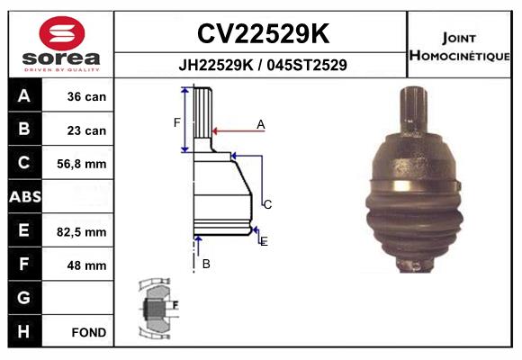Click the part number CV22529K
(x=262, y=34)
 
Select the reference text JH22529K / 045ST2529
(x=262, y=65)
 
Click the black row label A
(x=23, y=96)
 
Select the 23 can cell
(x=86, y=130)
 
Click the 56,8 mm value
(x=82, y=164)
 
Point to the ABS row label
(x=23, y=197)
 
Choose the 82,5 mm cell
(x=82, y=231)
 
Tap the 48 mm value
(x=87, y=265)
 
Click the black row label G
(x=23, y=298)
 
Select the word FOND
(x=88, y=332)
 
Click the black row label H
(x=23, y=331)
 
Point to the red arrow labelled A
(x=234, y=131)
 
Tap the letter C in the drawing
(x=267, y=204)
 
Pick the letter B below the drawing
(x=206, y=264)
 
